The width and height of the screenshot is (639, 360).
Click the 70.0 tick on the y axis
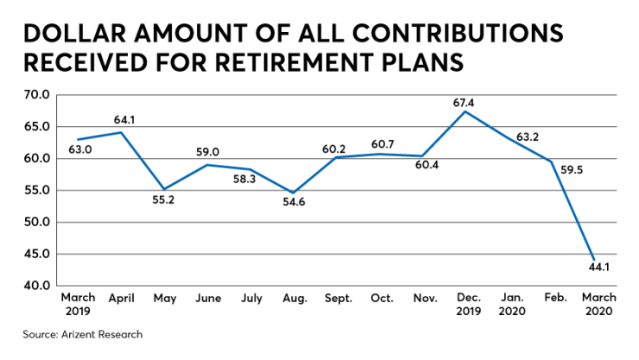click(x=39, y=95)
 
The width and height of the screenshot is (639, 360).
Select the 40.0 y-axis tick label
click(x=39, y=286)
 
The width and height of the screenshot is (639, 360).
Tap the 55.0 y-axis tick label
click(x=39, y=191)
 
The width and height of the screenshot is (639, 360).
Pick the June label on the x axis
click(x=208, y=299)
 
